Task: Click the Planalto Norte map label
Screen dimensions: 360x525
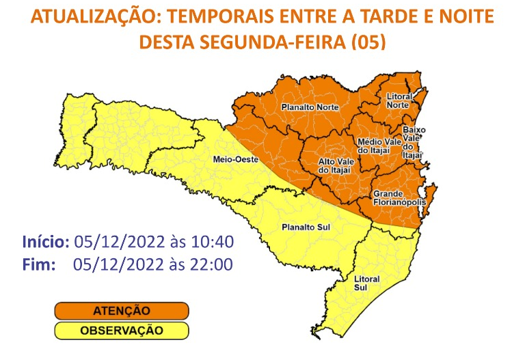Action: pos(306,107)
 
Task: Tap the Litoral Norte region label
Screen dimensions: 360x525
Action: pos(398,100)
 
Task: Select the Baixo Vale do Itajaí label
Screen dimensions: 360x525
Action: pos(414,142)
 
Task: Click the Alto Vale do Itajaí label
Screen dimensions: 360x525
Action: pos(335,165)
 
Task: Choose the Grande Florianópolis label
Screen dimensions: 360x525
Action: pos(400,198)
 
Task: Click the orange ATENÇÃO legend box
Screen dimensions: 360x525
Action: pos(121,311)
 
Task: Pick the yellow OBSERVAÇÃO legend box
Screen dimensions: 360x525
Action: pos(121,331)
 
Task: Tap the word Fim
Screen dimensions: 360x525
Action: pos(38,264)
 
